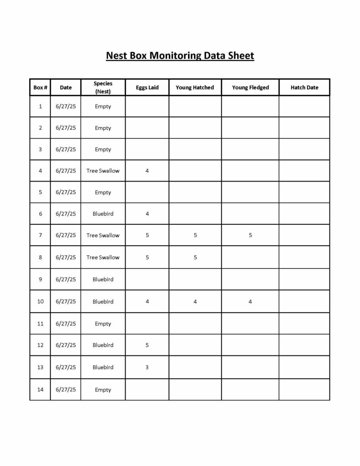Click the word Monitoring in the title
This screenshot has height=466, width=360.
pyautogui.click(x=174, y=56)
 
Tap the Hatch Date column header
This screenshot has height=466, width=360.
pyautogui.click(x=304, y=87)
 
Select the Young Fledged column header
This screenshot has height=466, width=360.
pyautogui.click(x=250, y=87)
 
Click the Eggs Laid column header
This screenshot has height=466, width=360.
pyautogui.click(x=147, y=87)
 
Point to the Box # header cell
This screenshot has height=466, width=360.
pyautogui.click(x=41, y=87)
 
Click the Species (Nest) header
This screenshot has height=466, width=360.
pyautogui.click(x=103, y=87)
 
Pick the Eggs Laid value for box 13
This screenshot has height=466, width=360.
pyautogui.click(x=147, y=367)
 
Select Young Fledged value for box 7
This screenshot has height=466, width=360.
pyautogui.click(x=250, y=235)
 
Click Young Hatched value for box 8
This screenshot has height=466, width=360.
pyautogui.click(x=195, y=257)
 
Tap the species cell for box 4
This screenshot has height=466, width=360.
pyautogui.click(x=103, y=171)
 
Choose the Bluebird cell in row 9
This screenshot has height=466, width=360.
pyautogui.click(x=103, y=279)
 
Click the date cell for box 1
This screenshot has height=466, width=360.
pyautogui.click(x=66, y=106)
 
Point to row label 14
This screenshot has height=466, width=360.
pyautogui.click(x=41, y=390)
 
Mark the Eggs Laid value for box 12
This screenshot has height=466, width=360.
pyautogui.click(x=147, y=345)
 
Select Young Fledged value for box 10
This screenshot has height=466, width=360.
pyautogui.click(x=250, y=301)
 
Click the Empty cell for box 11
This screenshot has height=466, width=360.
pyautogui.click(x=103, y=324)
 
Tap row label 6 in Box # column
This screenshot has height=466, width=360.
pyautogui.click(x=41, y=213)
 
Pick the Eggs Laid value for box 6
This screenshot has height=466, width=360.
pyautogui.click(x=147, y=213)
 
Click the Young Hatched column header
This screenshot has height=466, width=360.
pyautogui.click(x=195, y=87)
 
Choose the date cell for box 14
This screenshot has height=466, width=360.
pyautogui.click(x=66, y=390)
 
